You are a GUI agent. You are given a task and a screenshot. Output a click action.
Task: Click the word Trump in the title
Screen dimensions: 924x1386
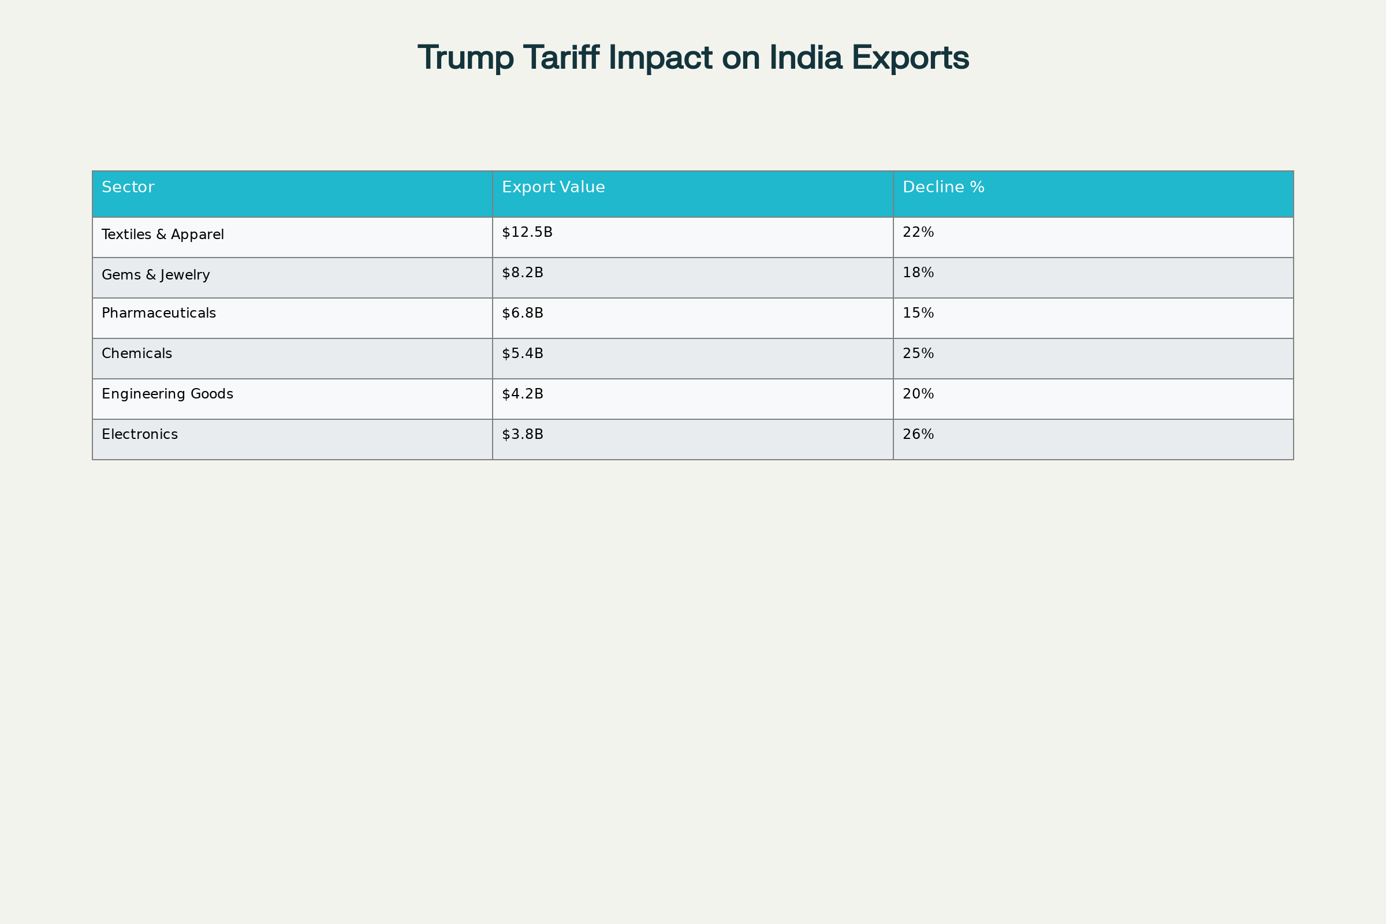[x=465, y=58]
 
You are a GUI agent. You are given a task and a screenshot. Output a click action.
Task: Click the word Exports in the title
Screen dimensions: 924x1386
[x=910, y=58]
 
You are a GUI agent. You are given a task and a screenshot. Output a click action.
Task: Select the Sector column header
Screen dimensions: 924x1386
[x=128, y=187]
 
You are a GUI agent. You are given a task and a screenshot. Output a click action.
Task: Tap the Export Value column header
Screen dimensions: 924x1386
[x=553, y=187]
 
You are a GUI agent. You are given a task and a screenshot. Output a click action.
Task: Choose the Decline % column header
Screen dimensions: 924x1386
[x=944, y=187]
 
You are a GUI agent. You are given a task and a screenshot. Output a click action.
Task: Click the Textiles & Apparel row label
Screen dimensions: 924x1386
[x=163, y=234]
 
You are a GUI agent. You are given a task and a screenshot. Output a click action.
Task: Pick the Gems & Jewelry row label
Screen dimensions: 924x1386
[x=155, y=275]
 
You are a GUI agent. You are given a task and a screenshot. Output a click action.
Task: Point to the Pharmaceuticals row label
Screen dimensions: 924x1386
[x=158, y=313]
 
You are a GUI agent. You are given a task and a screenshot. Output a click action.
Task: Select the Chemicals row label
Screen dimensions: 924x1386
[x=137, y=353]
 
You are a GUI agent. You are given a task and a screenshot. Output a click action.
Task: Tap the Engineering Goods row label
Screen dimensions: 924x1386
[x=167, y=394]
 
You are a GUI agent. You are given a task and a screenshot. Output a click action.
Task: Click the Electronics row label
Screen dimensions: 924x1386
[x=140, y=434]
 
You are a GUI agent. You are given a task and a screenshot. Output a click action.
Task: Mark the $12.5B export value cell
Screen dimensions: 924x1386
[x=527, y=232]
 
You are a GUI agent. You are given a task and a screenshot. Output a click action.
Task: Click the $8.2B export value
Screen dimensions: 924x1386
[x=522, y=273]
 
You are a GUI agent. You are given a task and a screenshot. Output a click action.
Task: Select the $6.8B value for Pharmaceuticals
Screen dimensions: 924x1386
[x=522, y=313]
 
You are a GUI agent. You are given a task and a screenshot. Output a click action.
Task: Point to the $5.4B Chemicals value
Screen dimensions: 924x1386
[x=522, y=353]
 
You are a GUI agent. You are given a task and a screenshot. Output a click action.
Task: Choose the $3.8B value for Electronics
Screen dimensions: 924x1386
[x=522, y=434]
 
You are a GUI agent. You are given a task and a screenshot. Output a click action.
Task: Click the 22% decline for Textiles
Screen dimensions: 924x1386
[x=918, y=232]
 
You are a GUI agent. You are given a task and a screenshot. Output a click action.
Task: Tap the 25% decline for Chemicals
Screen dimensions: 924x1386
[x=918, y=353]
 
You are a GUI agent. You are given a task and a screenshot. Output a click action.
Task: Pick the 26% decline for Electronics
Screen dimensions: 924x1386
[x=918, y=434]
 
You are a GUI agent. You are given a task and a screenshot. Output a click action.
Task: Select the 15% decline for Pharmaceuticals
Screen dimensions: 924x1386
[x=918, y=313]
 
